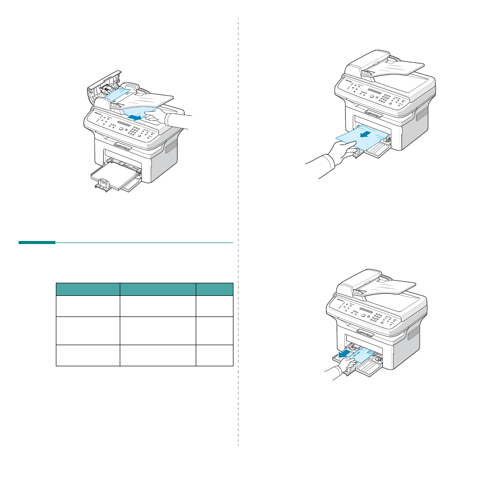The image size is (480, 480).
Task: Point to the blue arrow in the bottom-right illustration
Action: point(344,355)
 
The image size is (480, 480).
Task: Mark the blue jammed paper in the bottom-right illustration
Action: point(359,354)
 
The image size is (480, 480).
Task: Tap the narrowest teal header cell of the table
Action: point(214,289)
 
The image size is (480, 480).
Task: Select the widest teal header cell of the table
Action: point(157,289)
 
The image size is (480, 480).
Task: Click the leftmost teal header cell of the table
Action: point(88,289)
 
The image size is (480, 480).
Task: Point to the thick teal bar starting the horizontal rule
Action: point(37,243)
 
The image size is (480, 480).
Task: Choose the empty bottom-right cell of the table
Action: point(214,355)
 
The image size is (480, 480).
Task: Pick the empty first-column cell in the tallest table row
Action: point(88,331)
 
